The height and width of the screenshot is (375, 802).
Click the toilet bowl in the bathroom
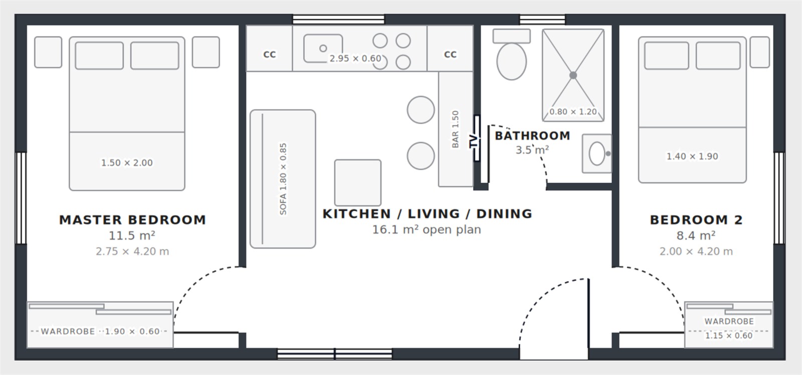tap(511, 61)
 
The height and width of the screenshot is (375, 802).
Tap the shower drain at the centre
tap(573, 75)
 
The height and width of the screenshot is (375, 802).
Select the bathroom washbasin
tap(597, 154)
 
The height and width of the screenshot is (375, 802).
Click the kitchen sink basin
tap(323, 48)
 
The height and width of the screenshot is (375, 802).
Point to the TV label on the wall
tap(473, 141)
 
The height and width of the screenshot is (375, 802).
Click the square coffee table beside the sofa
tap(358, 183)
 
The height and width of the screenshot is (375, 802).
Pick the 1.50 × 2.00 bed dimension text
tap(127, 163)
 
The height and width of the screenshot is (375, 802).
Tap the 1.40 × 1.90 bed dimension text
tap(692, 156)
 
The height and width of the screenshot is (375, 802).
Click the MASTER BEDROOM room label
tap(132, 219)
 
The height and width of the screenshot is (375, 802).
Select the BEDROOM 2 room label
tap(696, 219)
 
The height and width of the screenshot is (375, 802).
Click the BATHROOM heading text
tap(532, 136)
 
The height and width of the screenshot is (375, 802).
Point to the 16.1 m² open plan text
tap(427, 229)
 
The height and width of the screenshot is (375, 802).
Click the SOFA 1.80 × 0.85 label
tap(283, 179)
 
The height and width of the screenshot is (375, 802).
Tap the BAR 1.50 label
tap(455, 129)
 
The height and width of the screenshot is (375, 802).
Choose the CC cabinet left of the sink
tap(269, 48)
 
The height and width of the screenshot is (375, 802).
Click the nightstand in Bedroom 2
tap(760, 52)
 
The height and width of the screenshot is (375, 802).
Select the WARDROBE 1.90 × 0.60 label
tap(100, 331)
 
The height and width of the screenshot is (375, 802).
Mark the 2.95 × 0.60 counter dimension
tap(355, 58)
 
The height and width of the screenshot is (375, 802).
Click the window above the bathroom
tap(542, 20)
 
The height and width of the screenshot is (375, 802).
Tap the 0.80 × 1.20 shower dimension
tap(573, 112)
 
